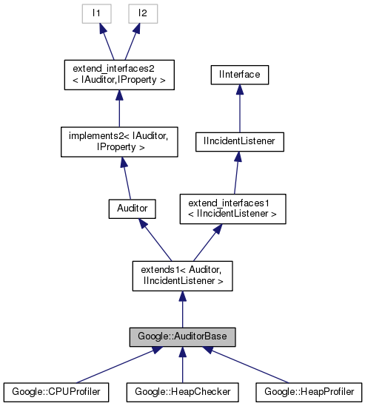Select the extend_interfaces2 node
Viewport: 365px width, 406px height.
tap(118, 75)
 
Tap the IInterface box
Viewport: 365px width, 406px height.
tap(238, 75)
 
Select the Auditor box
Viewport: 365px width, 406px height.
tap(132, 209)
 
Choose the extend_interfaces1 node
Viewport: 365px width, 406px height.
tap(233, 209)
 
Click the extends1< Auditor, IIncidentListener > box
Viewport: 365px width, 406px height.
tap(182, 275)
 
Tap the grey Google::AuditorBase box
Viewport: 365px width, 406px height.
tap(182, 337)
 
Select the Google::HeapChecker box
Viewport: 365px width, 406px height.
tap(182, 390)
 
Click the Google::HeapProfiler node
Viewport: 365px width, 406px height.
tap(309, 390)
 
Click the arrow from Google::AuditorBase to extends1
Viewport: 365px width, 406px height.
tap(182, 309)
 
